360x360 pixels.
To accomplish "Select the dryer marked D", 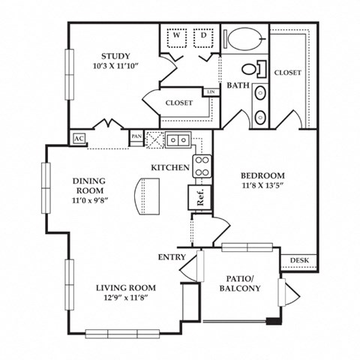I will (202, 36).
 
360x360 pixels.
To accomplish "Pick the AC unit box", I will (78, 139).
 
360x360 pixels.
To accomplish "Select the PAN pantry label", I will (136, 136).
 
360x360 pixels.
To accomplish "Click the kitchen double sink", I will (178, 139).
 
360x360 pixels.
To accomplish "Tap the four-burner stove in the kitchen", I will (201, 166).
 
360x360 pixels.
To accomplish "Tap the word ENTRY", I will (171, 257).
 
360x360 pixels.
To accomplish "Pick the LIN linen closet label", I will (211, 92).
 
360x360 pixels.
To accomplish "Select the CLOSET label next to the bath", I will (287, 73).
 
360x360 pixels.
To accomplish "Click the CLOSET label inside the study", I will (178, 103).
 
